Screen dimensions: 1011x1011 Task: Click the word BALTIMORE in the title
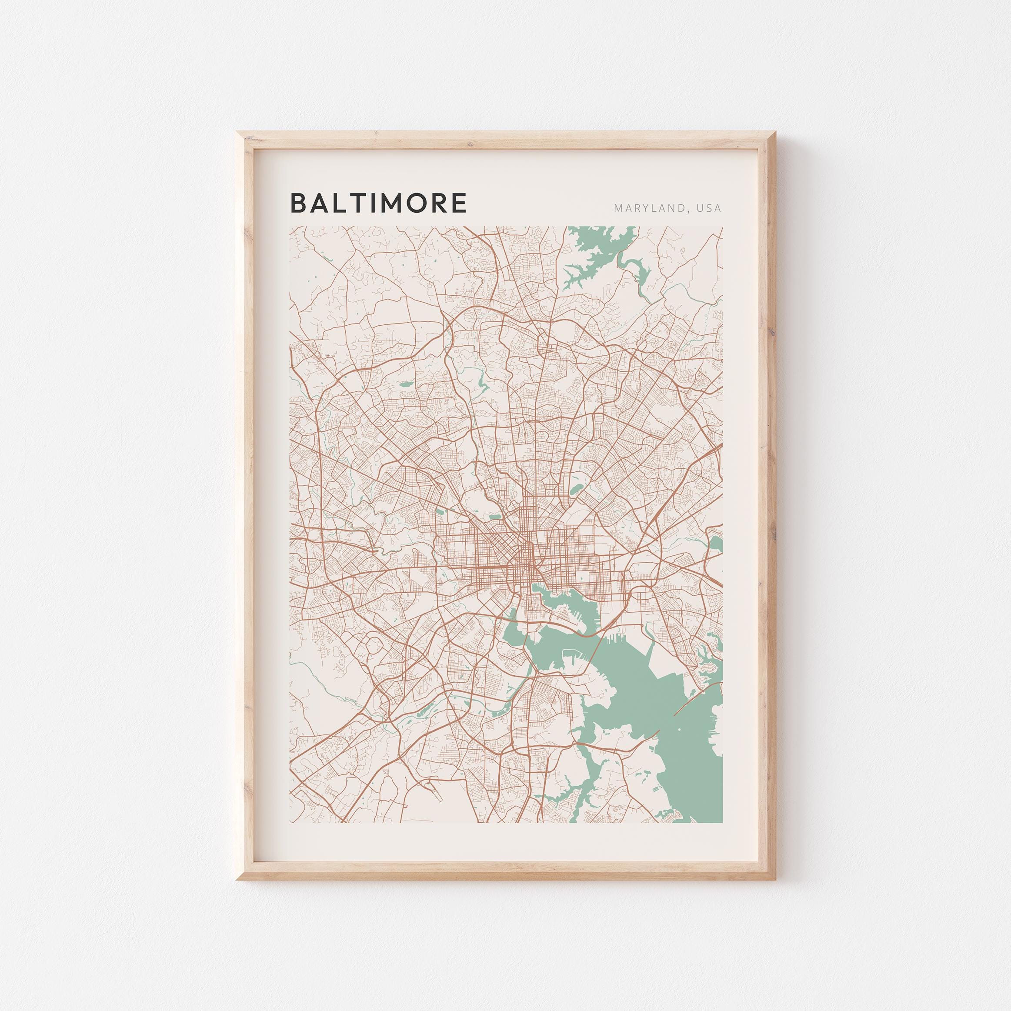pyautogui.click(x=378, y=204)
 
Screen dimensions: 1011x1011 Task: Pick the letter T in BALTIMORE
pyautogui.click(x=350, y=204)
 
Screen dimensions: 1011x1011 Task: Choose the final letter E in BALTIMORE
pyautogui.click(x=458, y=204)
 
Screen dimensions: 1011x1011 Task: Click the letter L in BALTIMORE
pyautogui.click(x=335, y=204)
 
